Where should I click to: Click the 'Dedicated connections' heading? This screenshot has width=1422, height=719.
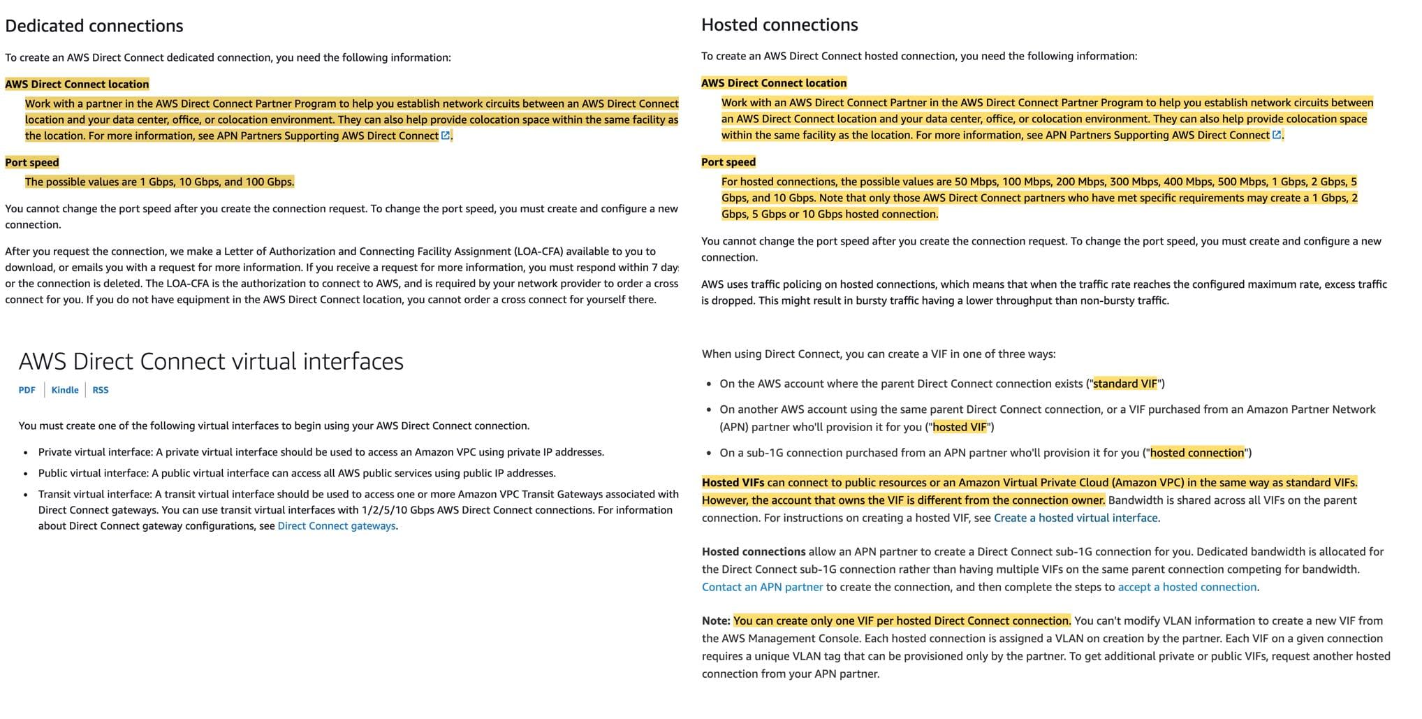click(x=94, y=26)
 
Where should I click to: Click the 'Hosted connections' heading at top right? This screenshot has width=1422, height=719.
click(x=779, y=24)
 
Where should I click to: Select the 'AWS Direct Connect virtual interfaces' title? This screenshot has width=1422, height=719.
click(x=211, y=361)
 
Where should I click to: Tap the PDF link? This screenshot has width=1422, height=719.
click(x=27, y=390)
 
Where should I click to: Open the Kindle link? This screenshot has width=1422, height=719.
click(x=65, y=390)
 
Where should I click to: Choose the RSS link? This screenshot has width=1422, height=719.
click(x=101, y=390)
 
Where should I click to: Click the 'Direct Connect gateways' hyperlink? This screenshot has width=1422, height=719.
click(x=336, y=525)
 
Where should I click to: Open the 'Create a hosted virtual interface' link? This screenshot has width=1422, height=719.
click(x=1076, y=518)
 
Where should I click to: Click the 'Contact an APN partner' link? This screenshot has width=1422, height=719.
click(x=762, y=587)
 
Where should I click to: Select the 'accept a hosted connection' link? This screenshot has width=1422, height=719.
click(x=1187, y=587)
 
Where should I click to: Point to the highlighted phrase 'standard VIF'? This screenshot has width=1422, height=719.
click(x=1125, y=384)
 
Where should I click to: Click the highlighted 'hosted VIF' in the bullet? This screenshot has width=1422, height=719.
click(x=960, y=427)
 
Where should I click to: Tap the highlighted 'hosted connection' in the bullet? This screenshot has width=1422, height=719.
click(x=1197, y=453)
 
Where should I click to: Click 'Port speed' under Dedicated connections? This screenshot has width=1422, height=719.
click(x=32, y=162)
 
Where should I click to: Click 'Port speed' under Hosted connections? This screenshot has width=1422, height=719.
click(x=728, y=161)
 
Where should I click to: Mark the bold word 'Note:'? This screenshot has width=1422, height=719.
click(x=716, y=620)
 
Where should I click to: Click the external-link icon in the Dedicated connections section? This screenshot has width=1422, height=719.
click(x=446, y=136)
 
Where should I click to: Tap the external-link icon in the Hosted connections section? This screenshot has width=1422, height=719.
click(x=1277, y=135)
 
